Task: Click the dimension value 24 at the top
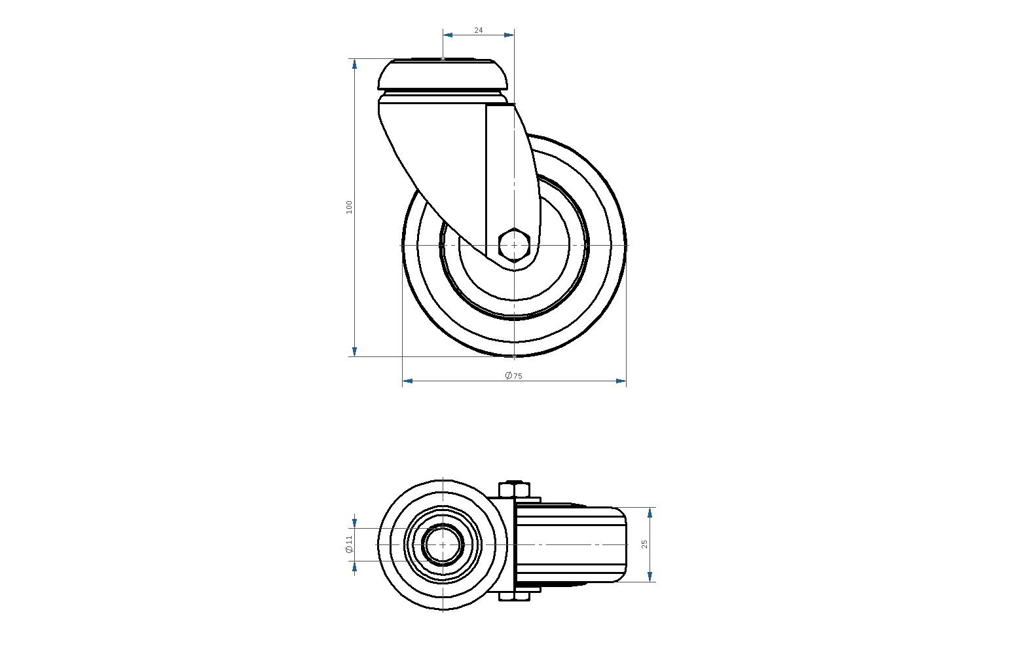click(x=478, y=30)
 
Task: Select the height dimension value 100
click(x=349, y=207)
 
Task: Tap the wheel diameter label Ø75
click(x=513, y=376)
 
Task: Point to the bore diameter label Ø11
click(x=350, y=544)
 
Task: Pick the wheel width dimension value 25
click(x=644, y=544)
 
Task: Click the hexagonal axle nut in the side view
click(x=515, y=245)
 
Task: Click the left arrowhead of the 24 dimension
click(x=448, y=35)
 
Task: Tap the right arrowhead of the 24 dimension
click(x=509, y=35)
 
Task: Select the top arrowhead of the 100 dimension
click(x=354, y=64)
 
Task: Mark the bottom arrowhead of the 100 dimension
click(x=354, y=351)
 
